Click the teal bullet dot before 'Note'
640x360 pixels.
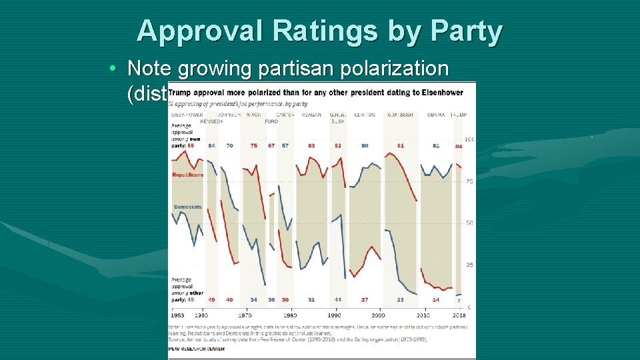tap(115, 69)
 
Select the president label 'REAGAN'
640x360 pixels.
tap(311, 115)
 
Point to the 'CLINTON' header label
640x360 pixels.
tap(365, 115)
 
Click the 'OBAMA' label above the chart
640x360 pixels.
tap(436, 115)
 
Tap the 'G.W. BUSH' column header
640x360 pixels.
tap(400, 115)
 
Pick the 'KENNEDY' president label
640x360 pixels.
tap(211, 121)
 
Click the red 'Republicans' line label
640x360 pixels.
tap(188, 175)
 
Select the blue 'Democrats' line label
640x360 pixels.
tap(188, 207)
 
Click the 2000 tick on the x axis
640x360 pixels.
tap(379, 315)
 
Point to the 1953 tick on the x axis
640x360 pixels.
tap(179, 315)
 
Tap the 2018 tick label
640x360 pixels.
tap(460, 315)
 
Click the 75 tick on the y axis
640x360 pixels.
tap(469, 181)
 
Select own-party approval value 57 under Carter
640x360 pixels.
tap(285, 145)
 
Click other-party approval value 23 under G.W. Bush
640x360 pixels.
tap(400, 300)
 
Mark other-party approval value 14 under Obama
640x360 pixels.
tap(436, 300)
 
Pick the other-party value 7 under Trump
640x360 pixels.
tap(459, 301)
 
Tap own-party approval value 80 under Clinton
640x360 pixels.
tap(365, 145)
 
